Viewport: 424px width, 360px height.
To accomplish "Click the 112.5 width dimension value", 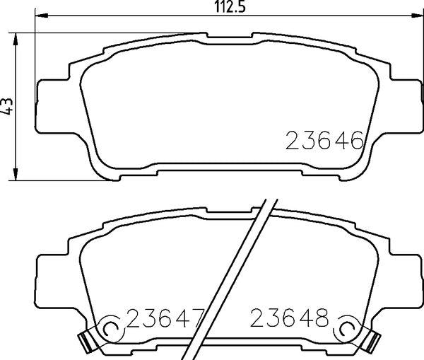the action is (230, 7).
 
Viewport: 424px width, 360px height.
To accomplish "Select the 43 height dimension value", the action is (6, 106).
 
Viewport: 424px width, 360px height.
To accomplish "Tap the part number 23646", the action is (324, 140).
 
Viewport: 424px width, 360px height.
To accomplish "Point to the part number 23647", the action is (165, 318).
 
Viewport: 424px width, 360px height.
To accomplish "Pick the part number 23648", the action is (289, 318).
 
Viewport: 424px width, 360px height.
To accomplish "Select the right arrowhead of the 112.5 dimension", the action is (417, 16).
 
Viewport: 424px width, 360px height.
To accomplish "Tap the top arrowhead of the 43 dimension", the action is (16, 40).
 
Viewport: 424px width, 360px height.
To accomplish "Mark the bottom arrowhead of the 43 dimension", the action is (16, 174).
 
